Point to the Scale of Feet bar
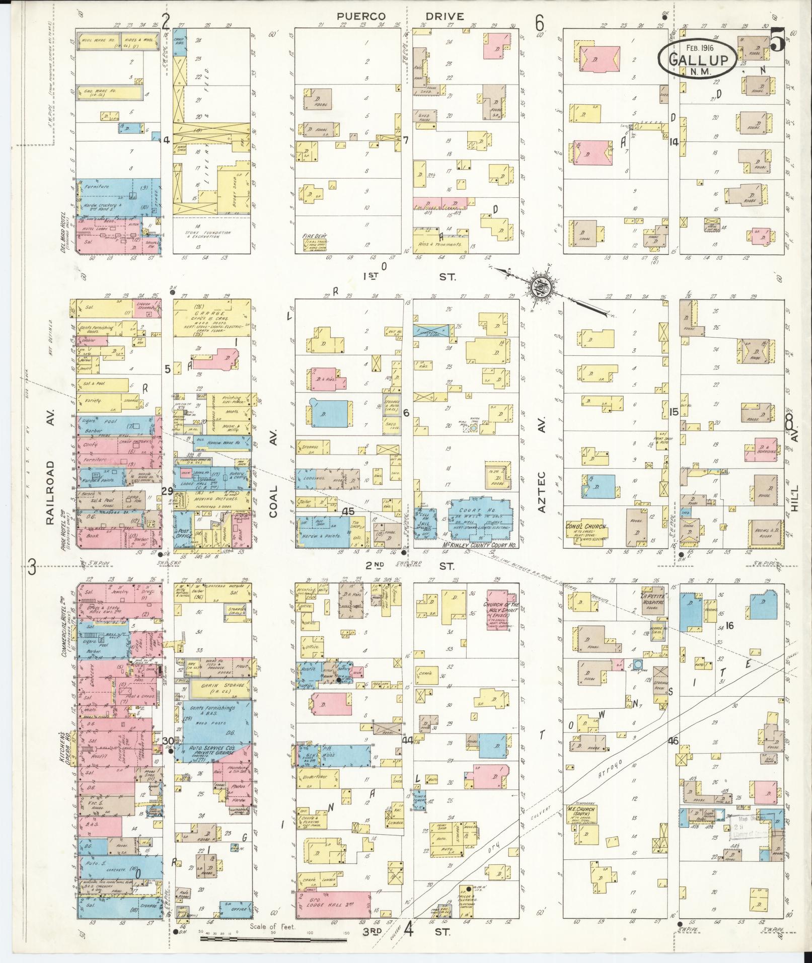[x=274, y=938]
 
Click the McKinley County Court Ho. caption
[x=463, y=546]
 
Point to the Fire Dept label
[x=312, y=235]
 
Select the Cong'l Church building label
[x=586, y=528]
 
